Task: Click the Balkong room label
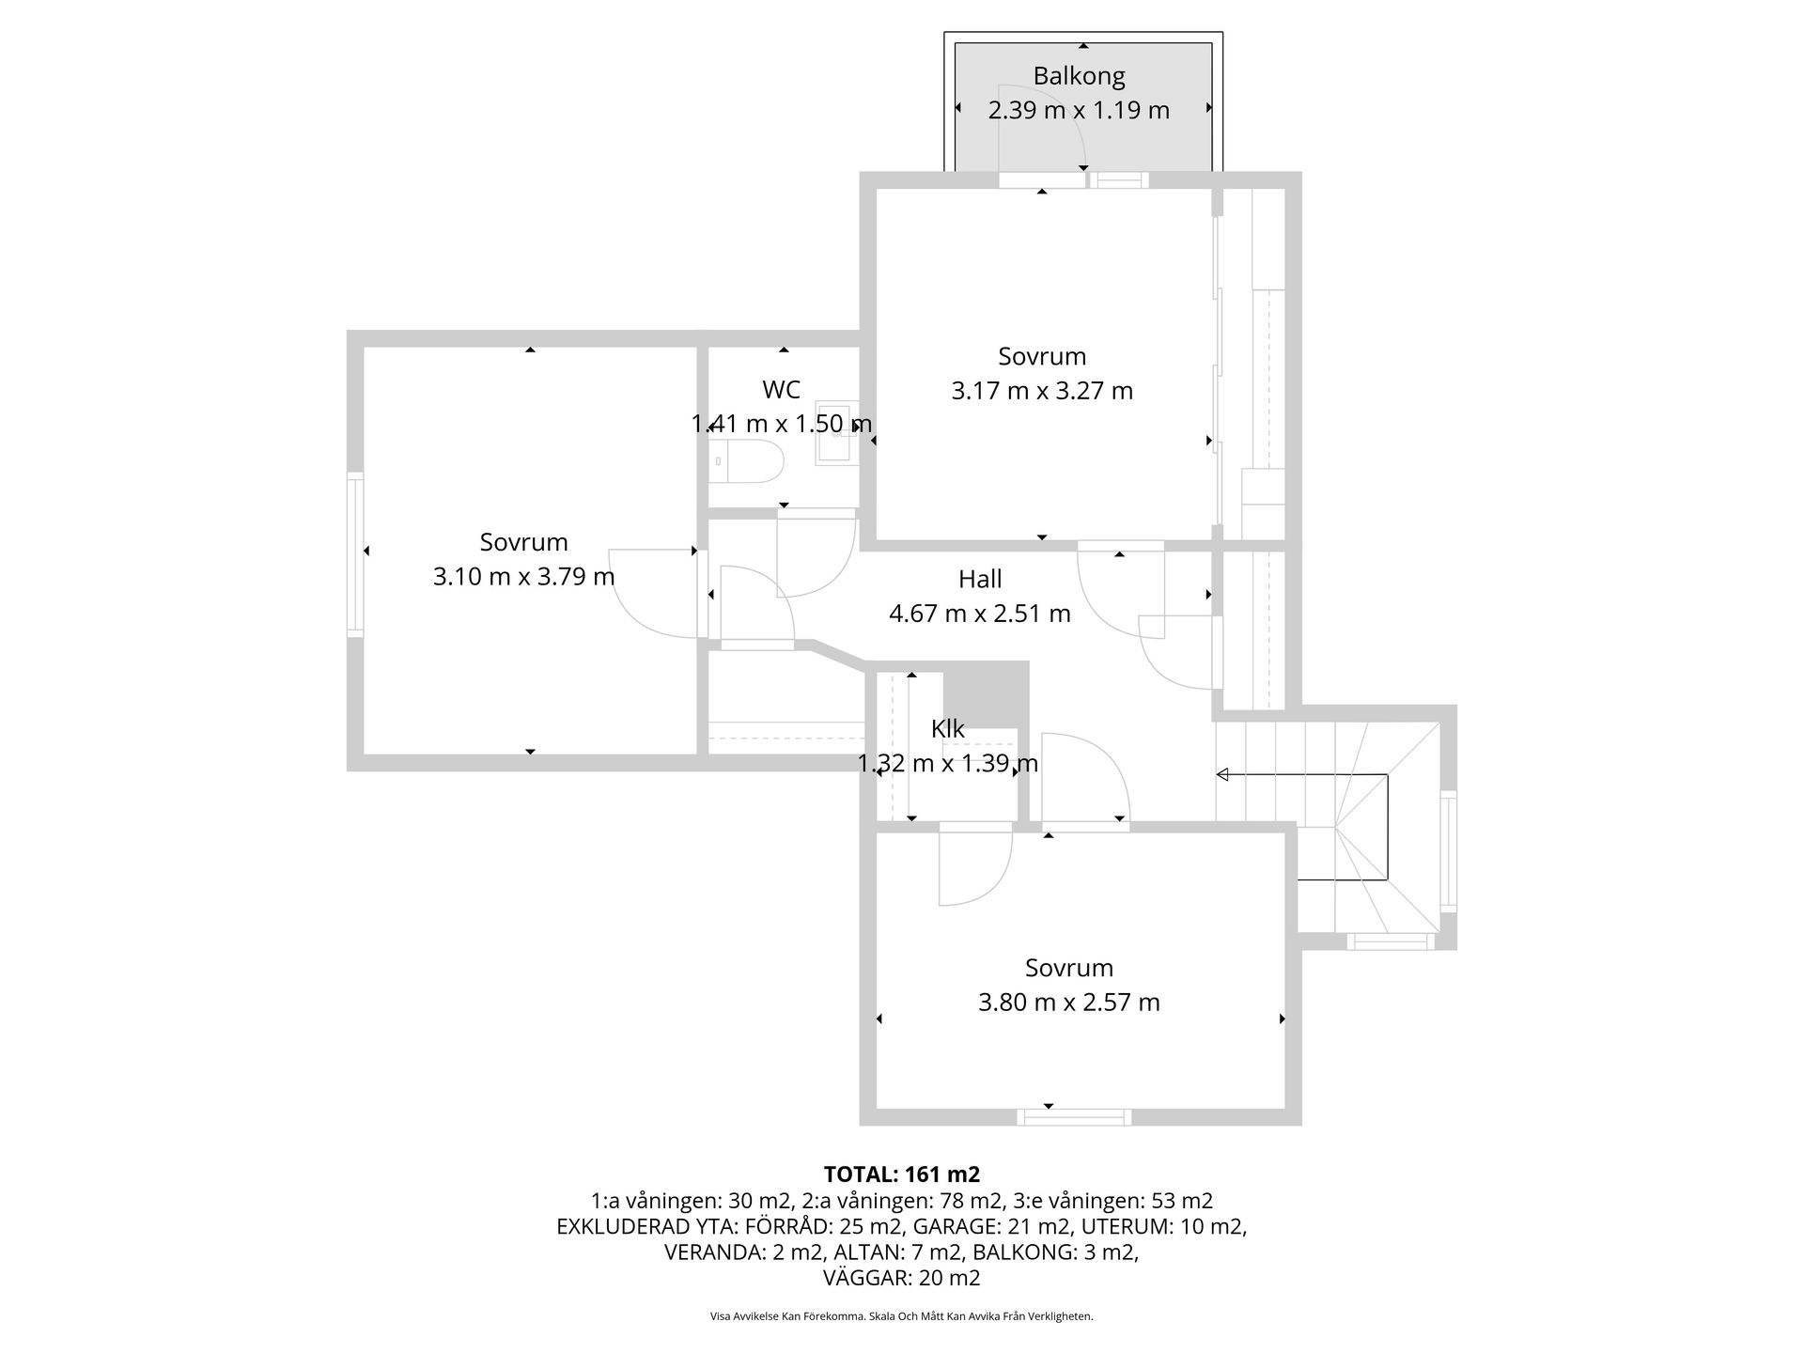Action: [1079, 76]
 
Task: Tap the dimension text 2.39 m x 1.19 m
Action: [1079, 111]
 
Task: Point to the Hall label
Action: [980, 579]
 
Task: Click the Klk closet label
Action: [947, 729]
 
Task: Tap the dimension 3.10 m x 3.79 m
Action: [523, 576]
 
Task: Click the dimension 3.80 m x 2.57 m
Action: [1068, 1003]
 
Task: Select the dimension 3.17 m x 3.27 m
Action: [1042, 391]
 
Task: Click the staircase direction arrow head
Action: [1222, 775]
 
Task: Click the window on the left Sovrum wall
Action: [355, 554]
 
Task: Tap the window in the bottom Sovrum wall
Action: [1074, 1117]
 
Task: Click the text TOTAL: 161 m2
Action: [901, 1174]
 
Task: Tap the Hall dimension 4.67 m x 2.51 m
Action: [980, 614]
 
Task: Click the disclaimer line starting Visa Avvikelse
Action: [901, 1316]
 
